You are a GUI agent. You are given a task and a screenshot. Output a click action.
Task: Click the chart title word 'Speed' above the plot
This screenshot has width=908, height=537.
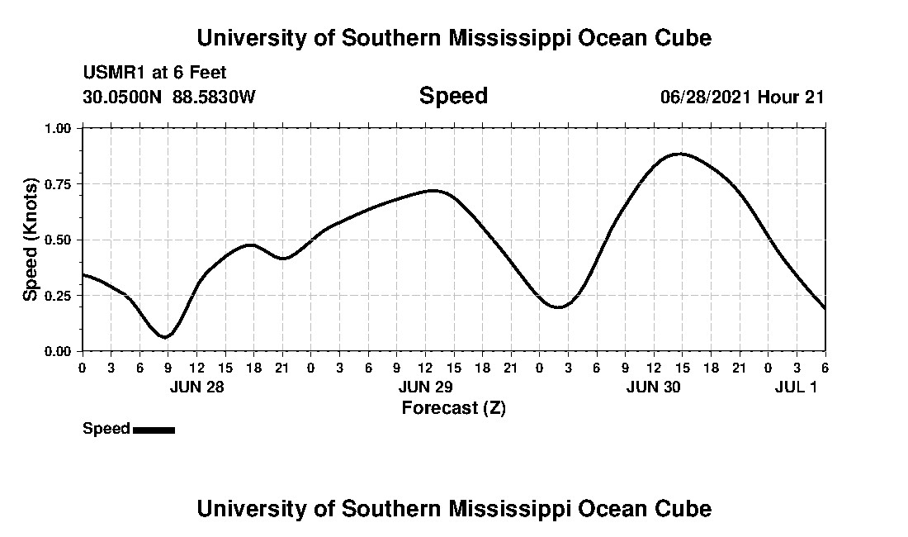pos(453,96)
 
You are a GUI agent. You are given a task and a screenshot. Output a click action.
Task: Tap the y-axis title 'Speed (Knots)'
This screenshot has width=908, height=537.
pos(31,239)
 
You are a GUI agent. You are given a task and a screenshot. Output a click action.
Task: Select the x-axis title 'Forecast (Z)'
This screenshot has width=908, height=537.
pos(453,407)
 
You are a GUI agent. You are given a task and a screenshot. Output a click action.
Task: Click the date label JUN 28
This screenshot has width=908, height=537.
pos(196,387)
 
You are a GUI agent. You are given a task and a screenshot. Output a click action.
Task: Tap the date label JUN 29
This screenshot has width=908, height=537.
pos(425,387)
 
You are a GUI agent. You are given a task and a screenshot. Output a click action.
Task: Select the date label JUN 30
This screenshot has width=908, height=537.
pos(654,387)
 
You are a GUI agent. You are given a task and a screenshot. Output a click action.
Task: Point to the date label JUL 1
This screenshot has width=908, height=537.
pos(796,387)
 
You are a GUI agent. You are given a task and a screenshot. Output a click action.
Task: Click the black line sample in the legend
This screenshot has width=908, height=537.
pos(154,430)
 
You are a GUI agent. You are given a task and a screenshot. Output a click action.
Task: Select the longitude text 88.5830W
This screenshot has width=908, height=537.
pos(214,97)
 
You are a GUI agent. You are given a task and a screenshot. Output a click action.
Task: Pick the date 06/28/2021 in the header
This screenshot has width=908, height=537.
pos(706,97)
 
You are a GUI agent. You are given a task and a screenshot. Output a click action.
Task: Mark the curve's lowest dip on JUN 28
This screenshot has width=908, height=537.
pos(167,337)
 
